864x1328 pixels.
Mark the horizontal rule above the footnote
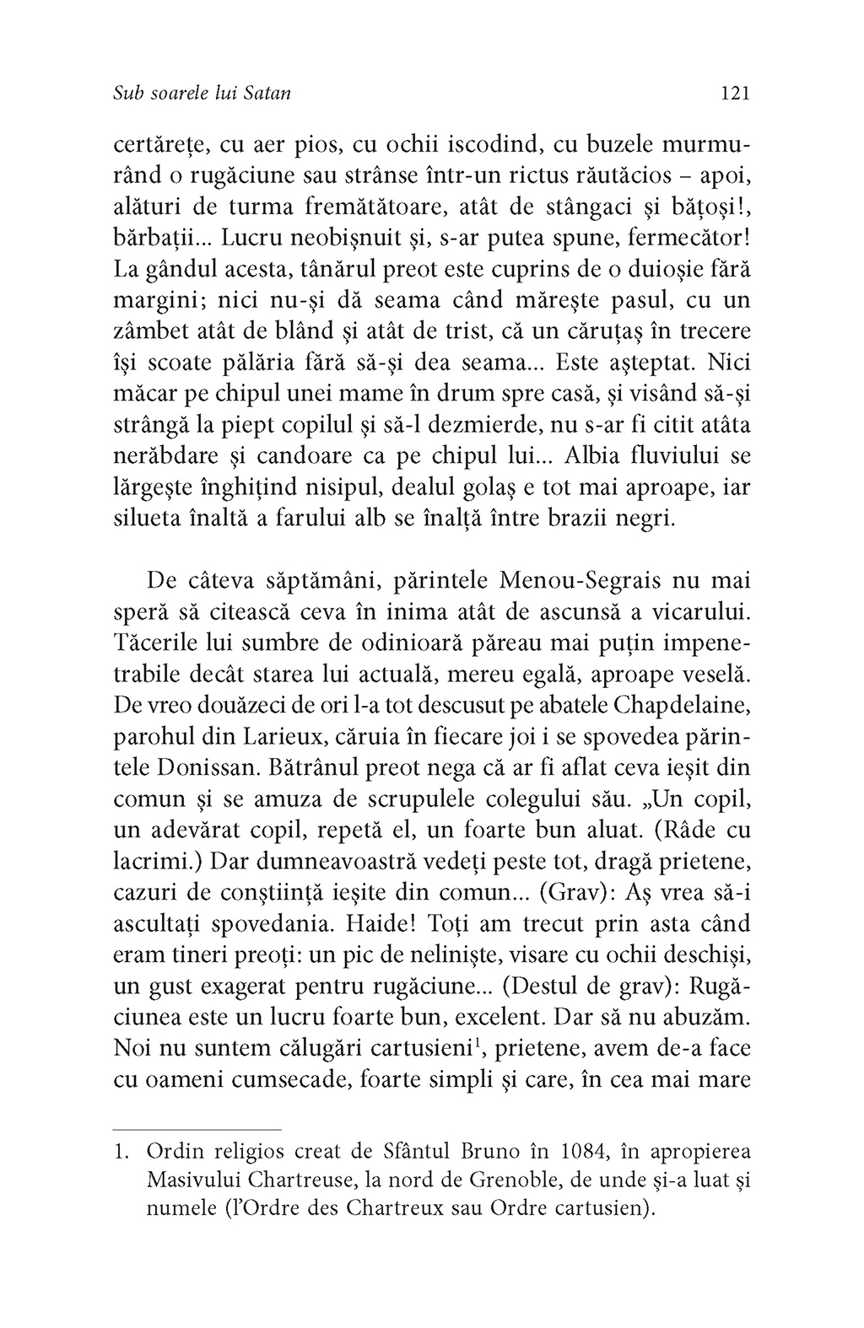click(197, 1129)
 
